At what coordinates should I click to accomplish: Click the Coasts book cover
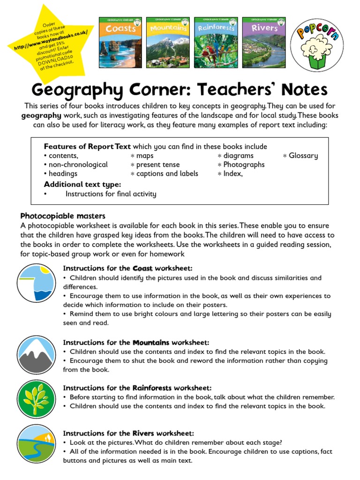coord(120,42)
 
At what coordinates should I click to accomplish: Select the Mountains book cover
coord(168,42)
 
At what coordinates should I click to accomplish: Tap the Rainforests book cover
coord(216,42)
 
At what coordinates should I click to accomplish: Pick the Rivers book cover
coord(264,42)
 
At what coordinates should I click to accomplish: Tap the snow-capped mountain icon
coord(36,355)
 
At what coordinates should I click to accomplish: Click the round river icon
coord(36,443)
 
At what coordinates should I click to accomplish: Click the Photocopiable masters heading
coord(63,216)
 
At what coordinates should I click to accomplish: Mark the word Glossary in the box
coord(303,156)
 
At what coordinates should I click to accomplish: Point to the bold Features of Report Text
coord(87,147)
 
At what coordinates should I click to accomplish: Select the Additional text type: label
coord(82,184)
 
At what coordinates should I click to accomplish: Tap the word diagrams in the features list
coord(238,156)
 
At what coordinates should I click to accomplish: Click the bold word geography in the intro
coord(41,115)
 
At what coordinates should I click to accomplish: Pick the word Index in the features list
coord(232,173)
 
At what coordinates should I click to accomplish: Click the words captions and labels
coord(167,173)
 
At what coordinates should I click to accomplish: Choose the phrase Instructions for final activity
coord(111,194)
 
